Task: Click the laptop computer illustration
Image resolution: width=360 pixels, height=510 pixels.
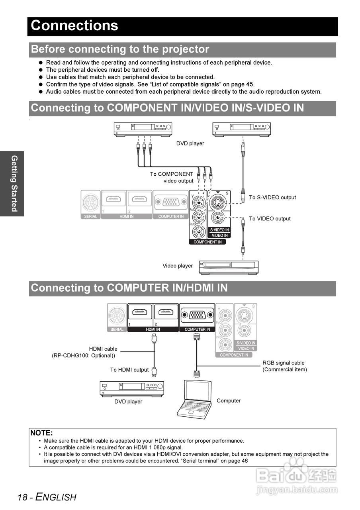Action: [196, 399]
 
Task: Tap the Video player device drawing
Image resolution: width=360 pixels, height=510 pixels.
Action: [229, 267]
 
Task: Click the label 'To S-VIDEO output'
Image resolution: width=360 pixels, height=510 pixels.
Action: [272, 198]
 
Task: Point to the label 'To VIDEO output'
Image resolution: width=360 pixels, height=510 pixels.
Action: [270, 219]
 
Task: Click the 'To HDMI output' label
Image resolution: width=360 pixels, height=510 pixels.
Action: [129, 370]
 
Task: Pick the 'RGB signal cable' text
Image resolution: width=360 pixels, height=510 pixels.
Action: [283, 363]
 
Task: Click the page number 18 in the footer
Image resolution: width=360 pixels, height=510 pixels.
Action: [23, 497]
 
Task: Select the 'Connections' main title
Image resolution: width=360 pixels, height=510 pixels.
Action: [75, 25]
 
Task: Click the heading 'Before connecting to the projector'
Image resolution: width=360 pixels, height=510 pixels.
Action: [120, 49]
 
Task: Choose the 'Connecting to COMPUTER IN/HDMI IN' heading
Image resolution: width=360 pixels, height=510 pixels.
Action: [129, 288]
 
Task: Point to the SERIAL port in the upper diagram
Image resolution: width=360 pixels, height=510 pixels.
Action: [91, 203]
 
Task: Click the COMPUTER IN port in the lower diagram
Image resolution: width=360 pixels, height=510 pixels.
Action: [197, 315]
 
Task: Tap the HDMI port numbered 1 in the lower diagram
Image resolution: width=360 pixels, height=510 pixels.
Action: [139, 312]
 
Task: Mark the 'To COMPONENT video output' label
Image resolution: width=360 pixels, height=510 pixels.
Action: [172, 177]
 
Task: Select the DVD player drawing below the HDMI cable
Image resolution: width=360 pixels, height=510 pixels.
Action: [132, 388]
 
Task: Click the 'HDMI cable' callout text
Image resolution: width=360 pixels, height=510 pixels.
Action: [103, 349]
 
